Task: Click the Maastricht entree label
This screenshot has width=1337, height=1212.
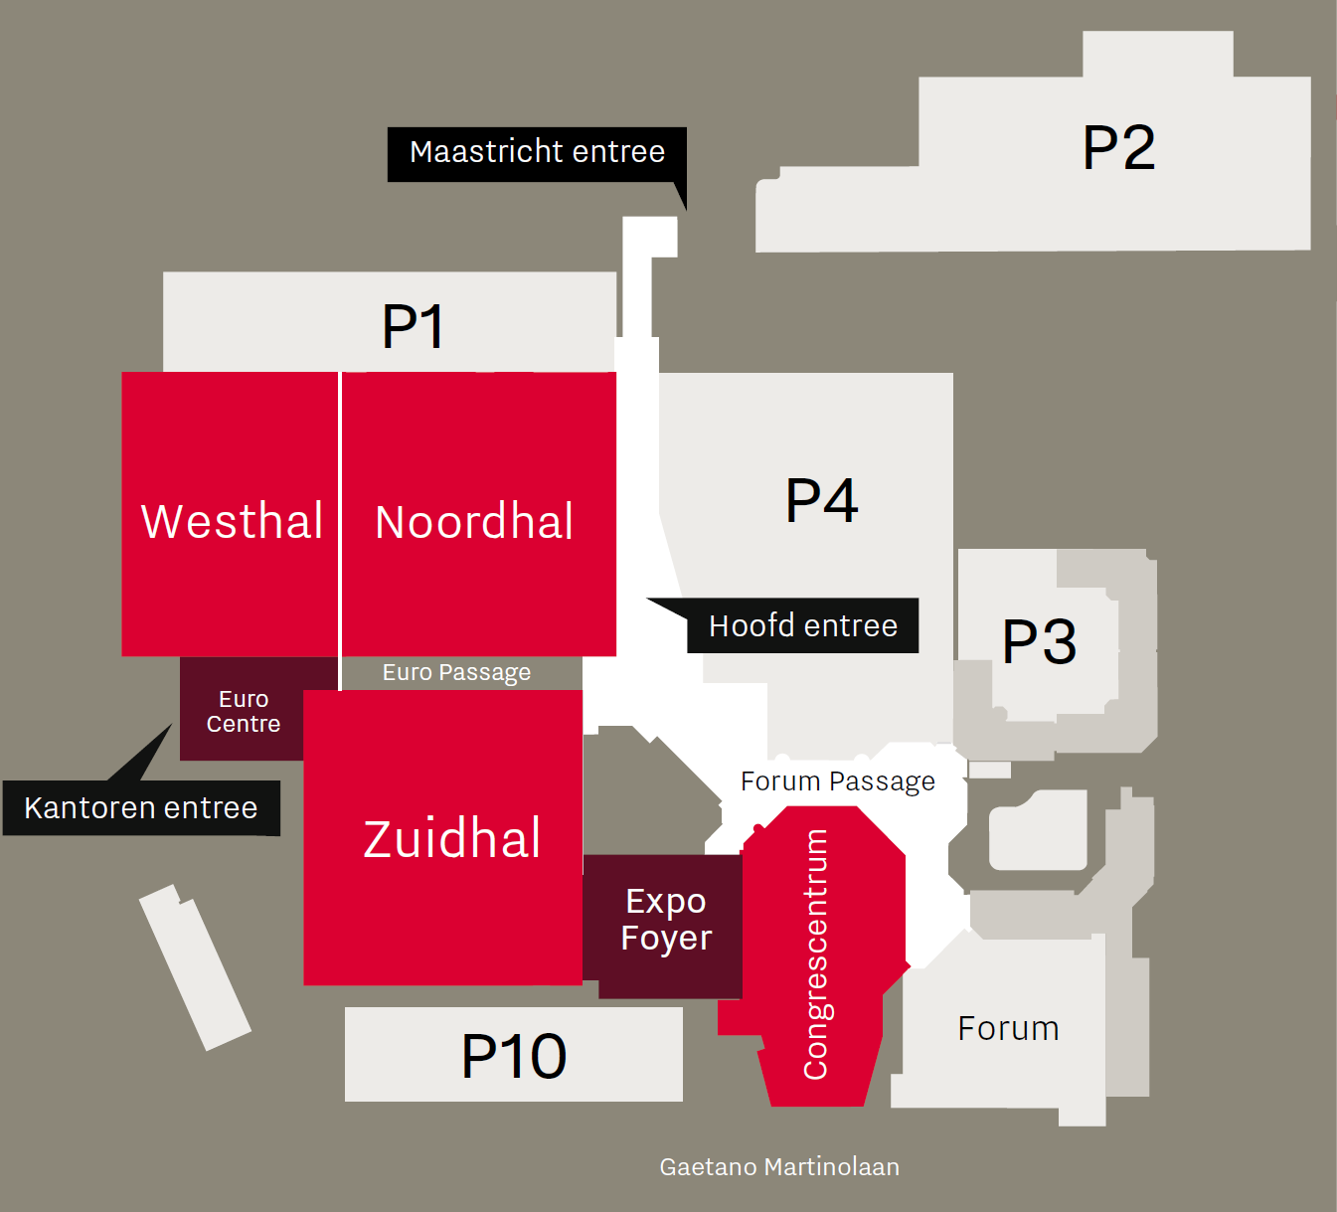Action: pyautogui.click(x=537, y=152)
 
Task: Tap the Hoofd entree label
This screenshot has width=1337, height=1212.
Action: pyautogui.click(x=803, y=626)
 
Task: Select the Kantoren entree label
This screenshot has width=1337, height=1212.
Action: pyautogui.click(x=140, y=808)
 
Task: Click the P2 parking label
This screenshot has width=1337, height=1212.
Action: pyautogui.click(x=1118, y=147)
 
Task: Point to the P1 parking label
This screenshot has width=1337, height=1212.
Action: pyautogui.click(x=413, y=326)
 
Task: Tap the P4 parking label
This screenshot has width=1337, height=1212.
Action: pyautogui.click(x=821, y=500)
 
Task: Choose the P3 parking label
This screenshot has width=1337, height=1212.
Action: pyautogui.click(x=1039, y=641)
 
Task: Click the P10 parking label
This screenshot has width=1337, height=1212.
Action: pyautogui.click(x=514, y=1057)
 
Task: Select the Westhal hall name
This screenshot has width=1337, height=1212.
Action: pyautogui.click(x=232, y=521)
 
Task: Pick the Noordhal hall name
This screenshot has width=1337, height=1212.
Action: pyautogui.click(x=473, y=521)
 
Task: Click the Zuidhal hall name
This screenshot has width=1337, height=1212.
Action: pyautogui.click(x=451, y=838)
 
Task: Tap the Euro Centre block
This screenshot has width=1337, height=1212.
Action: pyautogui.click(x=244, y=709)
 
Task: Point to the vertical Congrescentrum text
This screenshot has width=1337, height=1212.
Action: pyautogui.click(x=815, y=954)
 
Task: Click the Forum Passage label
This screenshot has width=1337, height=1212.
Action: pyautogui.click(x=838, y=781)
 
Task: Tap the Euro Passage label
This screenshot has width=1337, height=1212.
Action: pyautogui.click(x=456, y=673)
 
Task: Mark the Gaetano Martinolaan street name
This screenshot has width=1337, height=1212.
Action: pyautogui.click(x=779, y=1167)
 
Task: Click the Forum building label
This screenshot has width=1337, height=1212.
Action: pyautogui.click(x=1008, y=1028)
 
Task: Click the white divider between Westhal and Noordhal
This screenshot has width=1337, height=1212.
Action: pyautogui.click(x=340, y=531)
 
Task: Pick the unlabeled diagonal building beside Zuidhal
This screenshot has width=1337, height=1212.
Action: pyautogui.click(x=195, y=967)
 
